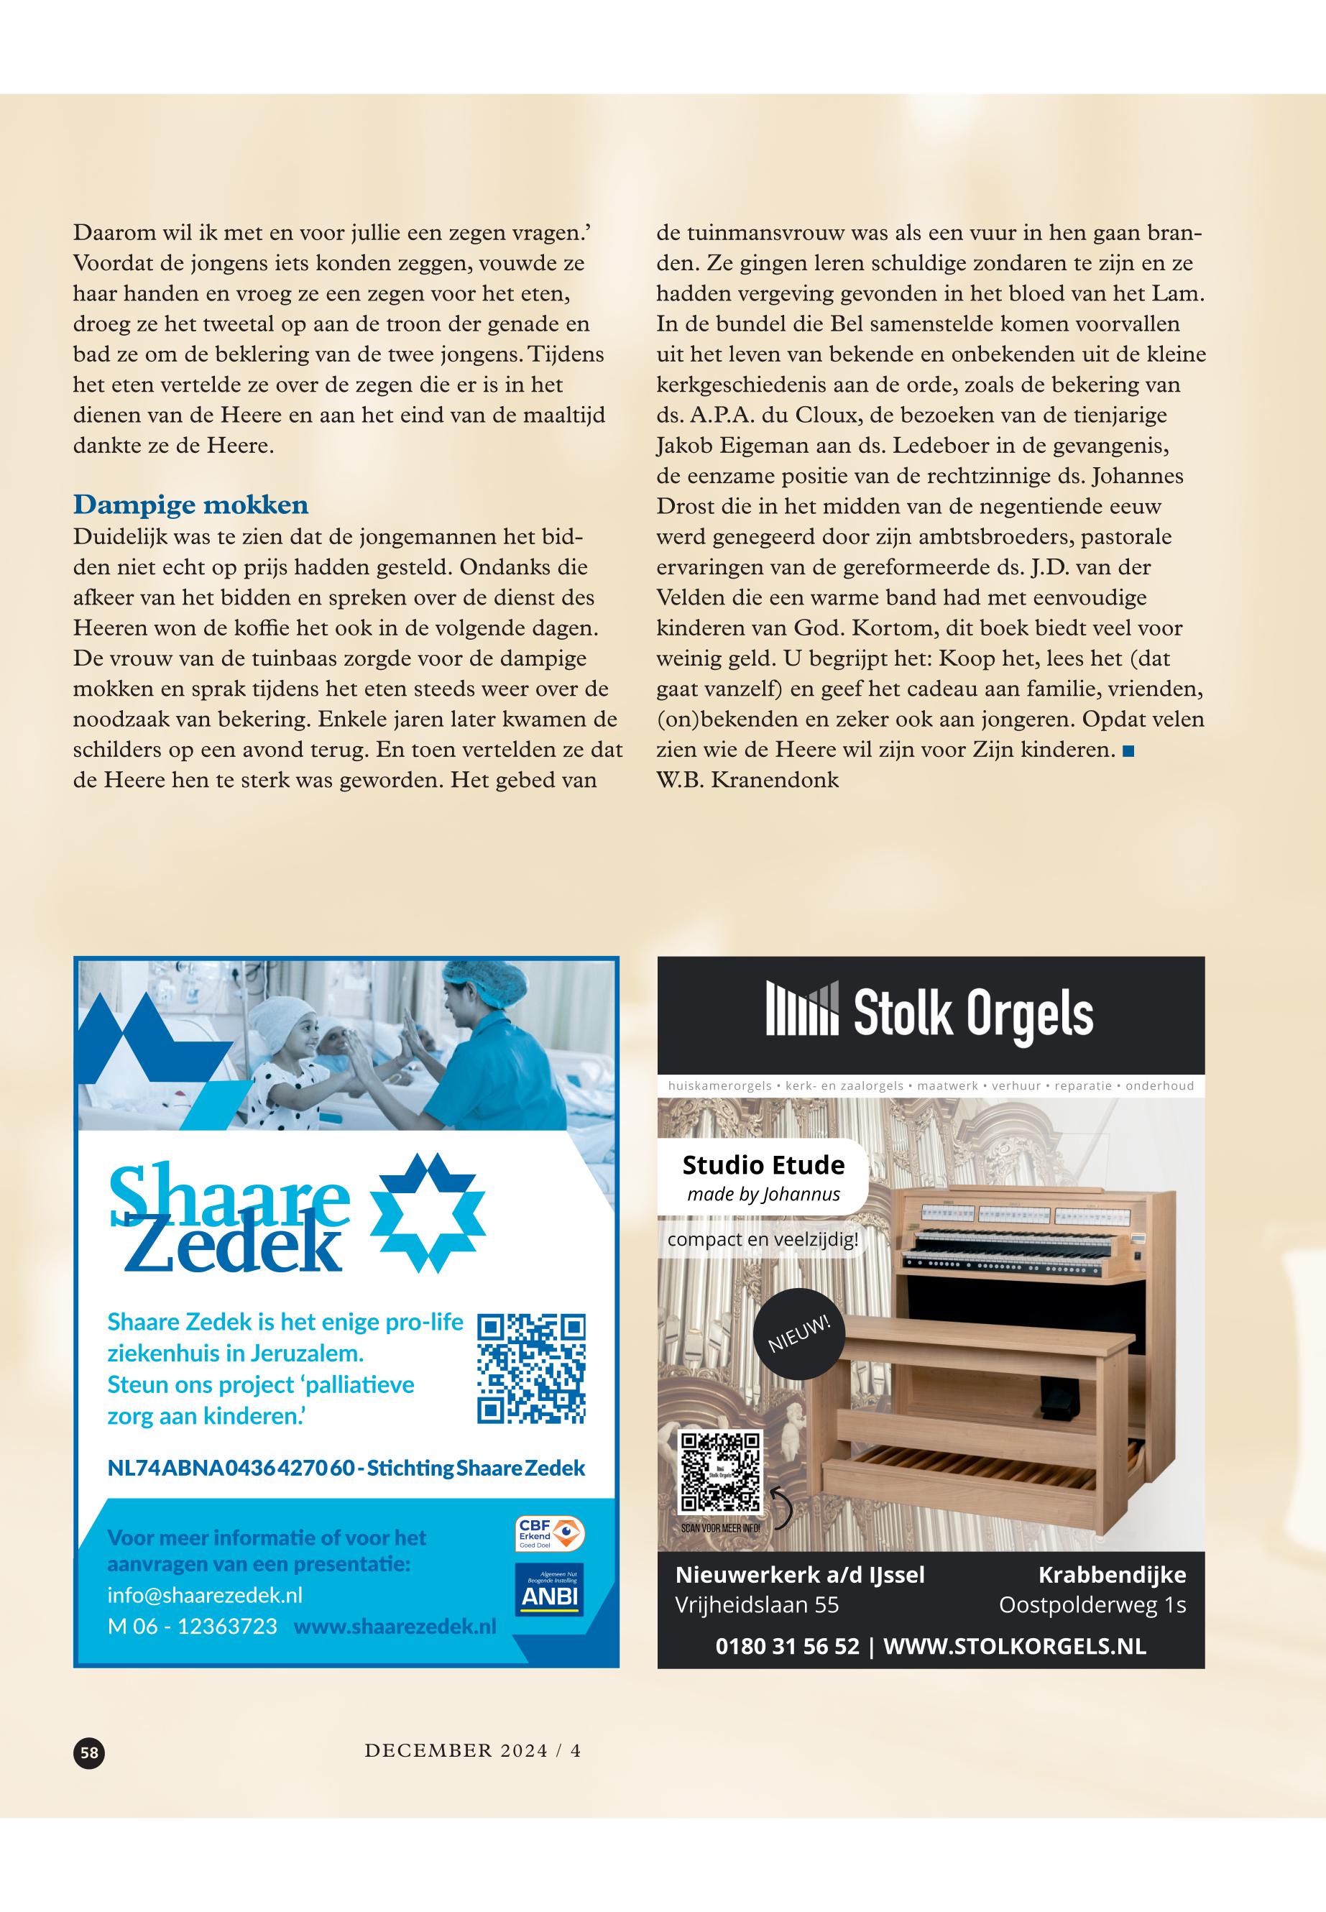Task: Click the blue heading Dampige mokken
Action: pos(190,505)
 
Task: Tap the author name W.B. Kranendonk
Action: pos(747,781)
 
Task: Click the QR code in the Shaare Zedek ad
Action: pos(532,1368)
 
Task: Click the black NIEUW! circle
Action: pos(799,1333)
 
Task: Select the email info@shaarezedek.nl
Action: pos(204,1594)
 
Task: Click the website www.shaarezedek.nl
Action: pos(395,1625)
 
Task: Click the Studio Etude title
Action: pos(763,1165)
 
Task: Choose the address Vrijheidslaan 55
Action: pos(757,1604)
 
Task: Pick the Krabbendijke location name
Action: pos(1112,1575)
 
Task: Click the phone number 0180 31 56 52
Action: pos(787,1646)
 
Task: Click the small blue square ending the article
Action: pos(1128,751)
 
